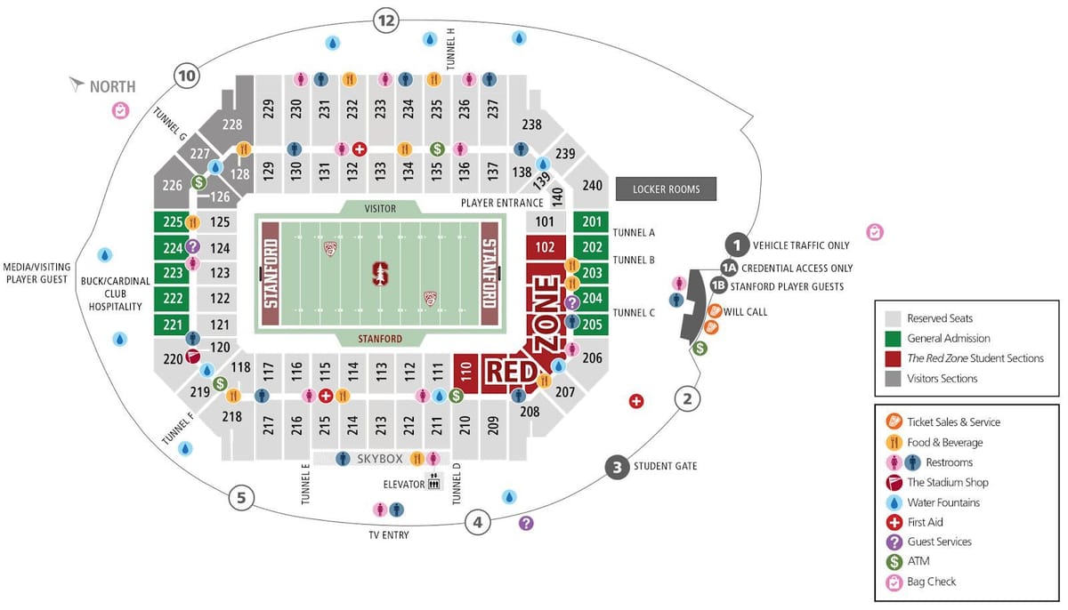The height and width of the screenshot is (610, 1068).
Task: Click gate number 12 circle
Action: click(385, 20)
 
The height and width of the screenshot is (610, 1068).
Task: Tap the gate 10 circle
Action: click(186, 76)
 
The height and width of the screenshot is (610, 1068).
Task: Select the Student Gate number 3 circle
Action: click(616, 466)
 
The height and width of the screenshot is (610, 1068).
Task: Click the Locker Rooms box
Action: click(666, 189)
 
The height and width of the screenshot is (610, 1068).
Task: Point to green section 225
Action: click(172, 222)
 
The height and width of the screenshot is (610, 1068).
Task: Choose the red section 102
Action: click(546, 247)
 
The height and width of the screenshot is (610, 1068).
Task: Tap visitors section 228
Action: click(232, 124)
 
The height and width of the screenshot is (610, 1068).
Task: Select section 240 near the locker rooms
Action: click(593, 186)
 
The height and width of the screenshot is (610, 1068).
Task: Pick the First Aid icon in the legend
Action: click(894, 522)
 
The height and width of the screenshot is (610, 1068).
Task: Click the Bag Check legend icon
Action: click(894, 582)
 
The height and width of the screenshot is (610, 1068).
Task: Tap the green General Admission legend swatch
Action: click(894, 338)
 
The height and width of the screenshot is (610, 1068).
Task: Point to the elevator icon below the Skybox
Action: click(434, 483)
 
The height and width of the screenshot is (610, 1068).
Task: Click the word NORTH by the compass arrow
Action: click(112, 86)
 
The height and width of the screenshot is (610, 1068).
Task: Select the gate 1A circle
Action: click(729, 268)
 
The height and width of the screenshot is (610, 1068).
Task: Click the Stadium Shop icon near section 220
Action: click(192, 357)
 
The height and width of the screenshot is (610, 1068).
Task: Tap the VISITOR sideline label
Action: click(380, 208)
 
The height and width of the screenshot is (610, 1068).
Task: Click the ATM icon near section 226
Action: click(199, 182)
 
